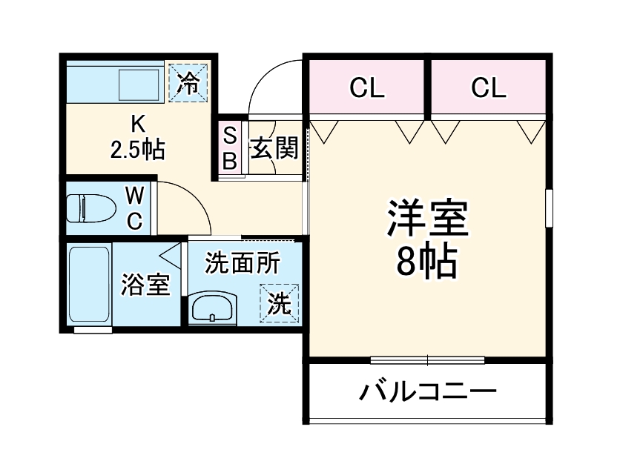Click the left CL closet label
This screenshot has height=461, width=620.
pos(367,89)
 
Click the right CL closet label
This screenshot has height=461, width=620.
pos(488,89)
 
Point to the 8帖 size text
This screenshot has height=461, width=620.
pos(426,260)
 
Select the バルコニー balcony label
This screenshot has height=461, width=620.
pos(428,391)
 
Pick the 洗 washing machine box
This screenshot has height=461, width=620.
pos(279,304)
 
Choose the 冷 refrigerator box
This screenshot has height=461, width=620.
pos(190,82)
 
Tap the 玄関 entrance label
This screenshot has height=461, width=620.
pos(273,149)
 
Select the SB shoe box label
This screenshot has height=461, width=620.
pos(230,149)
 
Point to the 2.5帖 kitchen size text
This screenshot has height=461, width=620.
pos(137,150)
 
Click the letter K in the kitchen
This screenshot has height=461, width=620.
pos(137,123)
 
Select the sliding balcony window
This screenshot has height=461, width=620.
pos(427,361)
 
